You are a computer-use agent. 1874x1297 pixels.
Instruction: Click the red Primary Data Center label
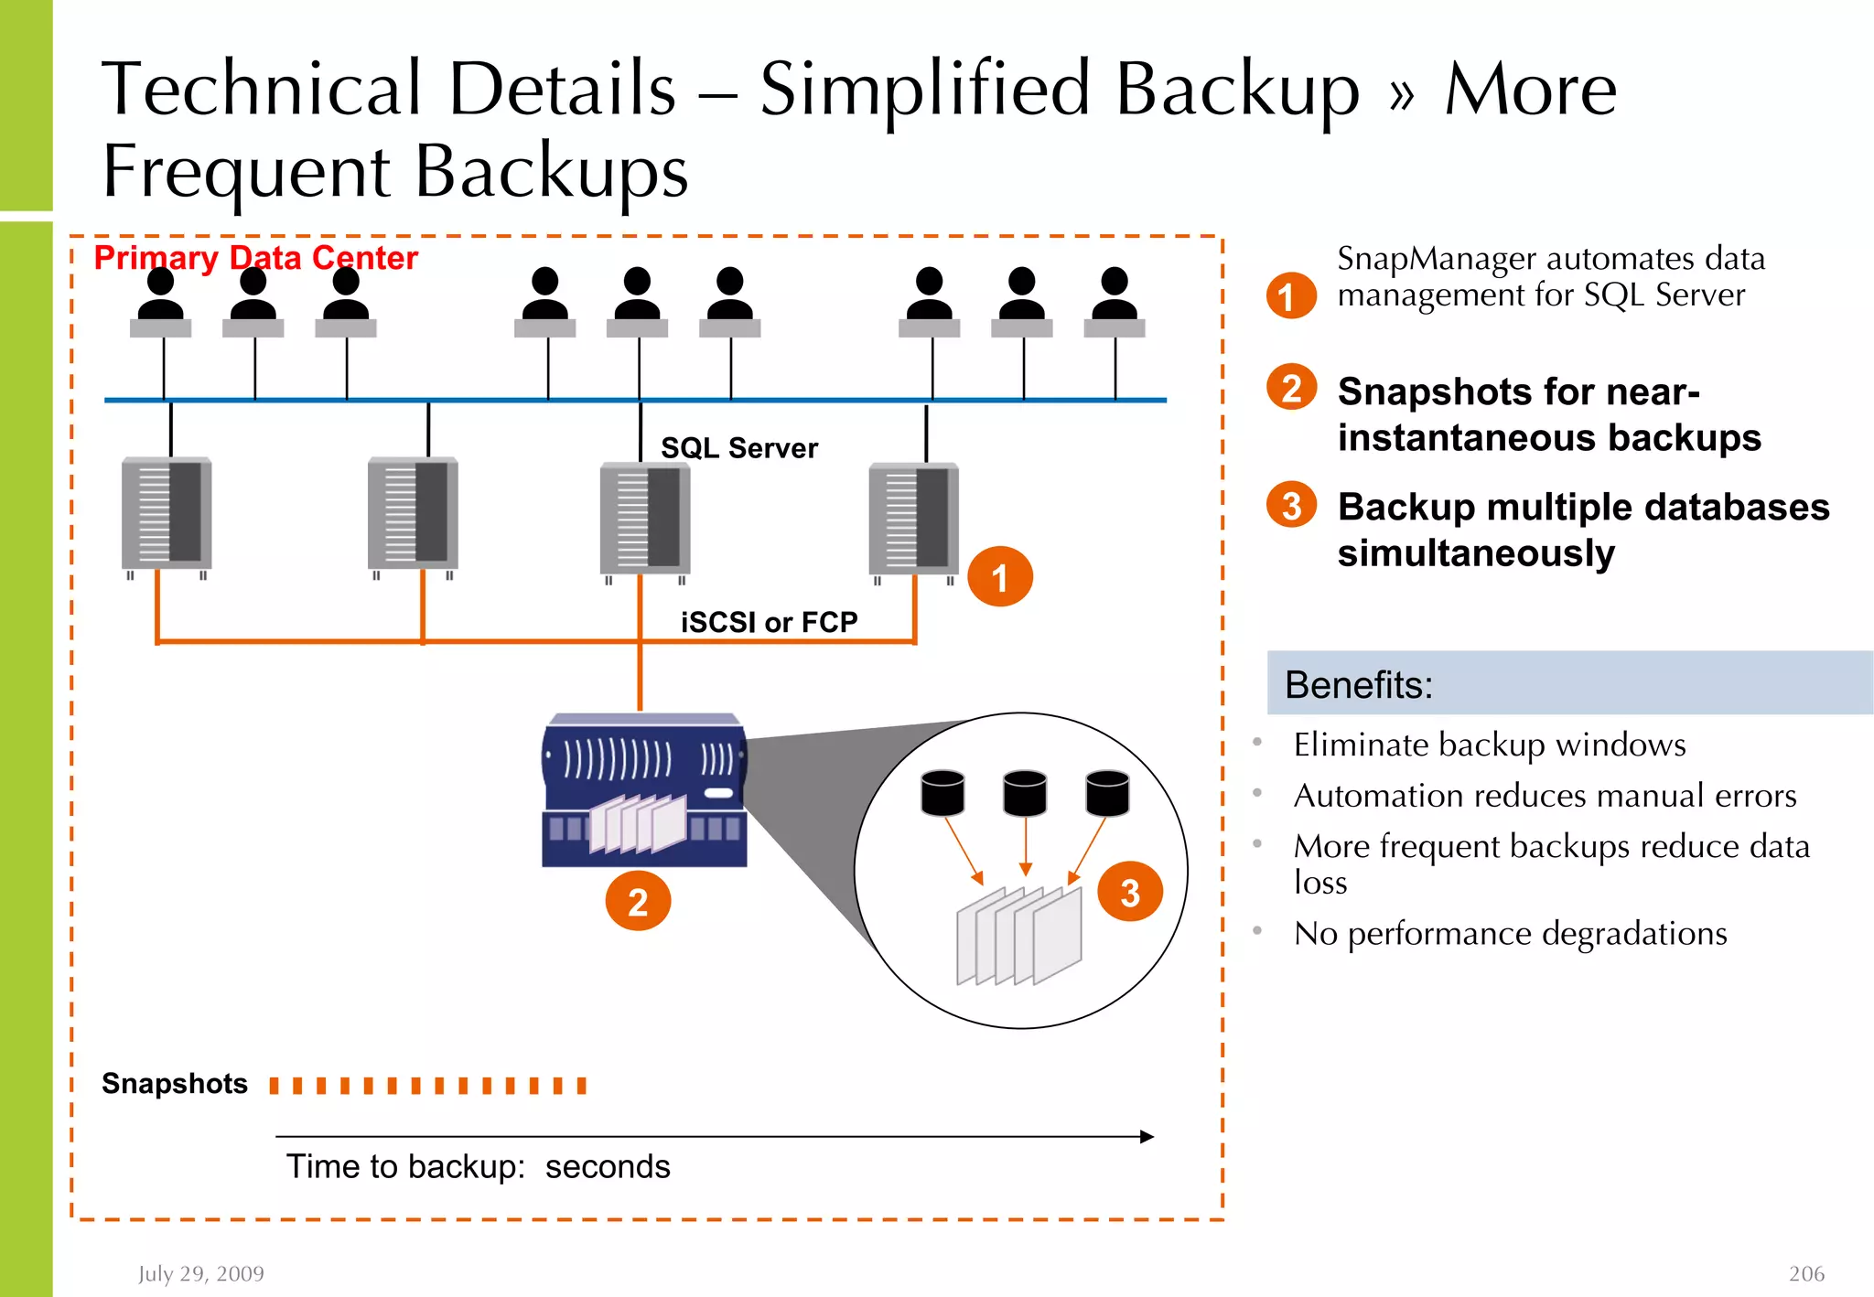[x=255, y=258]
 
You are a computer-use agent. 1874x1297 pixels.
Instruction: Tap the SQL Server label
[x=738, y=448]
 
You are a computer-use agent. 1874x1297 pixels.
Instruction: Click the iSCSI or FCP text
[x=769, y=622]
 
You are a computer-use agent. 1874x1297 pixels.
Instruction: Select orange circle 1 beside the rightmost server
[x=999, y=577]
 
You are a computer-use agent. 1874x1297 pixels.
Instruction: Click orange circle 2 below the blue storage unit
[x=638, y=902]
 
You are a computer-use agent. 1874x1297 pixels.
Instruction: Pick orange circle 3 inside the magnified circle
[x=1129, y=892]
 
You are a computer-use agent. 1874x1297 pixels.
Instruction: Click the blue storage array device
[x=643, y=790]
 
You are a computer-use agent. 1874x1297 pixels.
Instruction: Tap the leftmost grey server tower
[x=167, y=514]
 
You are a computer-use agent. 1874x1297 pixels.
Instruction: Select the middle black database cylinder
[x=1025, y=792]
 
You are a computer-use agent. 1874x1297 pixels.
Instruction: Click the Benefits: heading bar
[x=1568, y=683]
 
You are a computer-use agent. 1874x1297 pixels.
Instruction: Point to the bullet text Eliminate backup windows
[x=1489, y=745]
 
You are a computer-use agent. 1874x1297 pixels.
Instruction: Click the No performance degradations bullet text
[x=1510, y=933]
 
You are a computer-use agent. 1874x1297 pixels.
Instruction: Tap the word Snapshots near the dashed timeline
[x=175, y=1083]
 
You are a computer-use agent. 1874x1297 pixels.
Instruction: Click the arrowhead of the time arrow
[x=1147, y=1136]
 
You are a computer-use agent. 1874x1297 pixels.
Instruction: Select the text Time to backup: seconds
[x=478, y=1166]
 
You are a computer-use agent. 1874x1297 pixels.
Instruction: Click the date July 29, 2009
[x=200, y=1273]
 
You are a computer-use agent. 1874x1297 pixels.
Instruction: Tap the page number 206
[x=1805, y=1273]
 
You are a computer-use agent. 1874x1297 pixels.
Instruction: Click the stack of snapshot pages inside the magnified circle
[x=1018, y=935]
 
